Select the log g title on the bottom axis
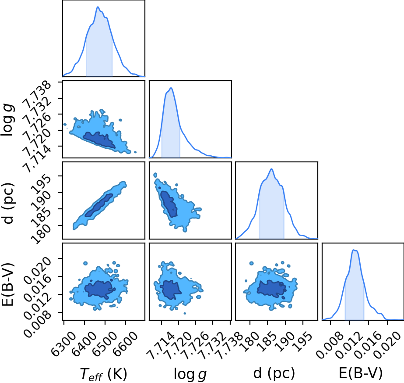pos(190,374)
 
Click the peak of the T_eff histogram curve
pos(98,7)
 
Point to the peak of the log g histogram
pos(171,88)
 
